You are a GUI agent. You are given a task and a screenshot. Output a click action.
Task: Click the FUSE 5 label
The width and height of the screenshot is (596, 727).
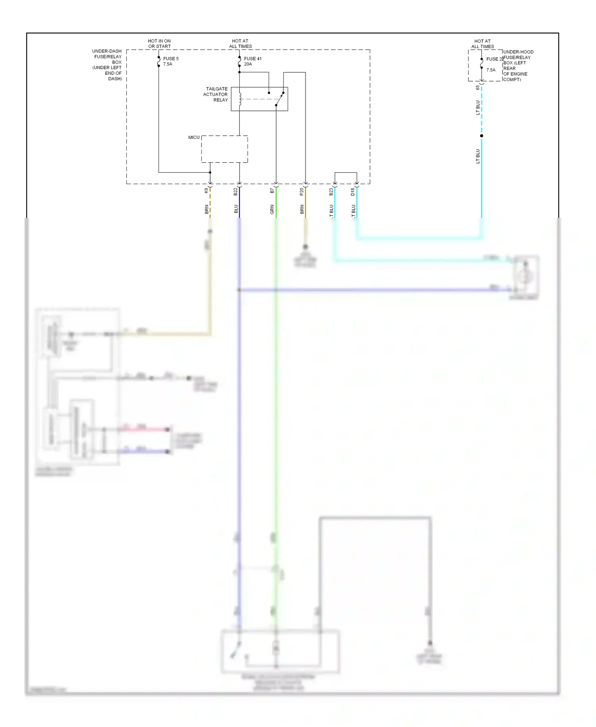click(171, 58)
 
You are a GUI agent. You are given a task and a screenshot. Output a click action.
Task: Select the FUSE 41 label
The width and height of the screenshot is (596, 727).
click(253, 58)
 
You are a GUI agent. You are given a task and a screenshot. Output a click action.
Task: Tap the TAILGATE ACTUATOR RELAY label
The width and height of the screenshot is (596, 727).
click(216, 94)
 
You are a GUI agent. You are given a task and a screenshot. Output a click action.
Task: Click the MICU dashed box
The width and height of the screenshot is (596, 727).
click(224, 149)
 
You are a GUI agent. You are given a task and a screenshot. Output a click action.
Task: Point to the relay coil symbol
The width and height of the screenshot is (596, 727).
click(240, 99)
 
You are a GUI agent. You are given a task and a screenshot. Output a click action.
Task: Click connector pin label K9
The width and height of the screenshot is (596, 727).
click(206, 191)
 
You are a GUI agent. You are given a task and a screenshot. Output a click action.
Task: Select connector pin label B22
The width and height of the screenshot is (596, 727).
click(236, 192)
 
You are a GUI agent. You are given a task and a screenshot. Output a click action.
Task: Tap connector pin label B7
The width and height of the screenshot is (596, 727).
click(272, 191)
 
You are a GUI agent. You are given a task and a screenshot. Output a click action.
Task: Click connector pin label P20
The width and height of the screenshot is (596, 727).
click(302, 192)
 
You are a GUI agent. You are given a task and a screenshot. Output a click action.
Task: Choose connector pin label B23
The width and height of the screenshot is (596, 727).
click(331, 192)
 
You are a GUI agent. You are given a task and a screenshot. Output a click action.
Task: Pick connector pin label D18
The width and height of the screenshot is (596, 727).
click(353, 192)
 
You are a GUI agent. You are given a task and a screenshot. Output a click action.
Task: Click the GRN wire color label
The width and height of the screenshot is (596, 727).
click(272, 210)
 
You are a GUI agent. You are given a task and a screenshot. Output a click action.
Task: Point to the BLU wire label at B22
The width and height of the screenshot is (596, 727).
click(236, 209)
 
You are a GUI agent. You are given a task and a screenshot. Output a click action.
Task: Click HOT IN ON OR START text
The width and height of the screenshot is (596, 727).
click(159, 44)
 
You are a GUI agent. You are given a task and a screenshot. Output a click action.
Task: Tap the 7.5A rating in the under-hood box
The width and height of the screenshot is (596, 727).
click(491, 70)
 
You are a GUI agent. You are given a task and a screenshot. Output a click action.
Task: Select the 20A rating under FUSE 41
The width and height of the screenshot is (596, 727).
click(248, 64)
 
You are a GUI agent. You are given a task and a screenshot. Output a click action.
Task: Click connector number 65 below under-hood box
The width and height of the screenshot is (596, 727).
click(478, 88)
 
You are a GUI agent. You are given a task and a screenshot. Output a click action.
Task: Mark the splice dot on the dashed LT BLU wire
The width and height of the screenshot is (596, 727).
click(482, 136)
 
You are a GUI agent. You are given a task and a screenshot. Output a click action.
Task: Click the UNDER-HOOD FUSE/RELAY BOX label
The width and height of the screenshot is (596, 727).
click(518, 66)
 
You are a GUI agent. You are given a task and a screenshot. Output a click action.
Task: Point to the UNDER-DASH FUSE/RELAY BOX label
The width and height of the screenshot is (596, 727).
click(107, 65)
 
